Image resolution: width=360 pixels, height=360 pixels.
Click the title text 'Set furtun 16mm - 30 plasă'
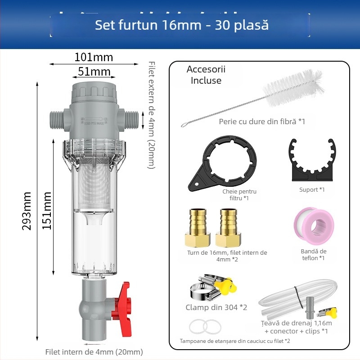click(181, 25)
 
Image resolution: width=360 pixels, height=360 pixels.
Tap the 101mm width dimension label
click(94, 58)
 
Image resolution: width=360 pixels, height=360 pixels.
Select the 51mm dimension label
click(94, 72)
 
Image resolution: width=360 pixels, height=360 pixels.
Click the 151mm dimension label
click(47, 211)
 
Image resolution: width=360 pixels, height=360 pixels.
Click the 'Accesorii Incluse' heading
click(206, 75)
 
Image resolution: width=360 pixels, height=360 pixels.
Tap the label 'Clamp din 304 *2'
click(216, 307)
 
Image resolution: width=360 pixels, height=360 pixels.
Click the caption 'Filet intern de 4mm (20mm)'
click(94, 352)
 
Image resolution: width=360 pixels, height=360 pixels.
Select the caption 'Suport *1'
click(312, 189)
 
